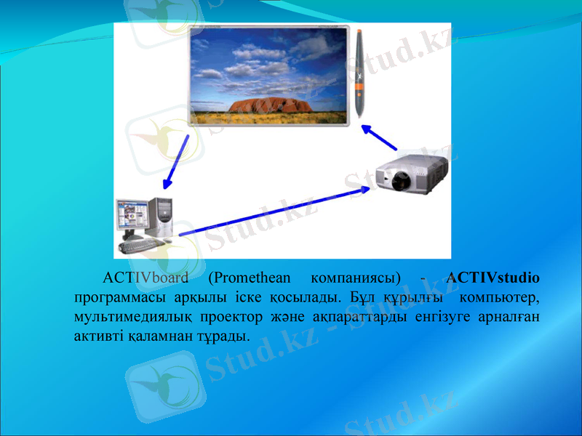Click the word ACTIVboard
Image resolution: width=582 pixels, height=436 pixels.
coord(145,278)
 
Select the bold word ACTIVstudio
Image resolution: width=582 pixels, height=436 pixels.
coord(493,278)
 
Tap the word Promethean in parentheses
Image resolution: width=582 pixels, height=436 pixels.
coord(249,278)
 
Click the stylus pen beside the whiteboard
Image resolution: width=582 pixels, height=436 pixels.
coord(360,73)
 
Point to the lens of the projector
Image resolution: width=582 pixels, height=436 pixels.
coord(399,179)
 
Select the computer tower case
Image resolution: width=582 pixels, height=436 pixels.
coord(162,217)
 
